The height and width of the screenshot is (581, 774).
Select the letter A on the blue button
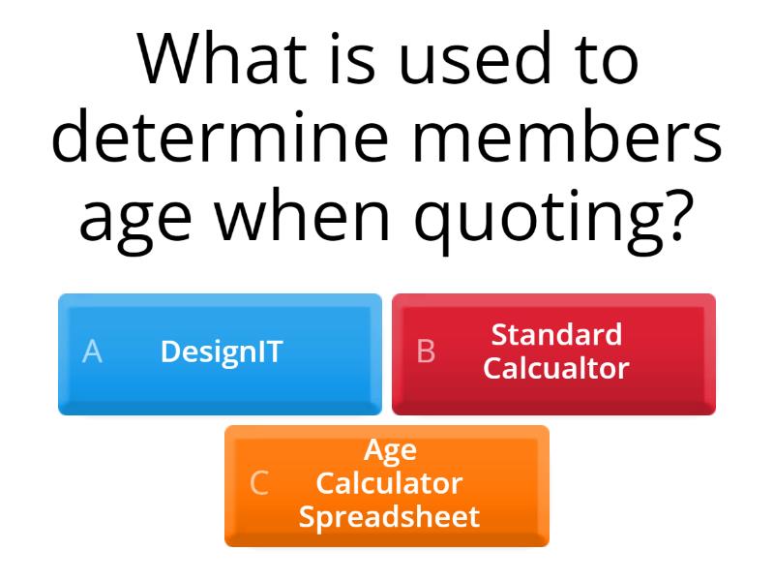92,352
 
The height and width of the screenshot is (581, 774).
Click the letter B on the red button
426,352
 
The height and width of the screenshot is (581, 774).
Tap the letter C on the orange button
258,483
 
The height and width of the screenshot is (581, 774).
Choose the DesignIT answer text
222,352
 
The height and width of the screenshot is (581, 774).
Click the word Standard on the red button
556,335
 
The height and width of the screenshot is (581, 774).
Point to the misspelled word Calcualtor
556,368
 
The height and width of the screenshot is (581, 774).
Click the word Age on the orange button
390,451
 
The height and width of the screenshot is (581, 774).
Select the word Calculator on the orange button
390,483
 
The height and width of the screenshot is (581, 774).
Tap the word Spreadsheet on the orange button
389,516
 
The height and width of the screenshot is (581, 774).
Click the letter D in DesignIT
169,352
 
